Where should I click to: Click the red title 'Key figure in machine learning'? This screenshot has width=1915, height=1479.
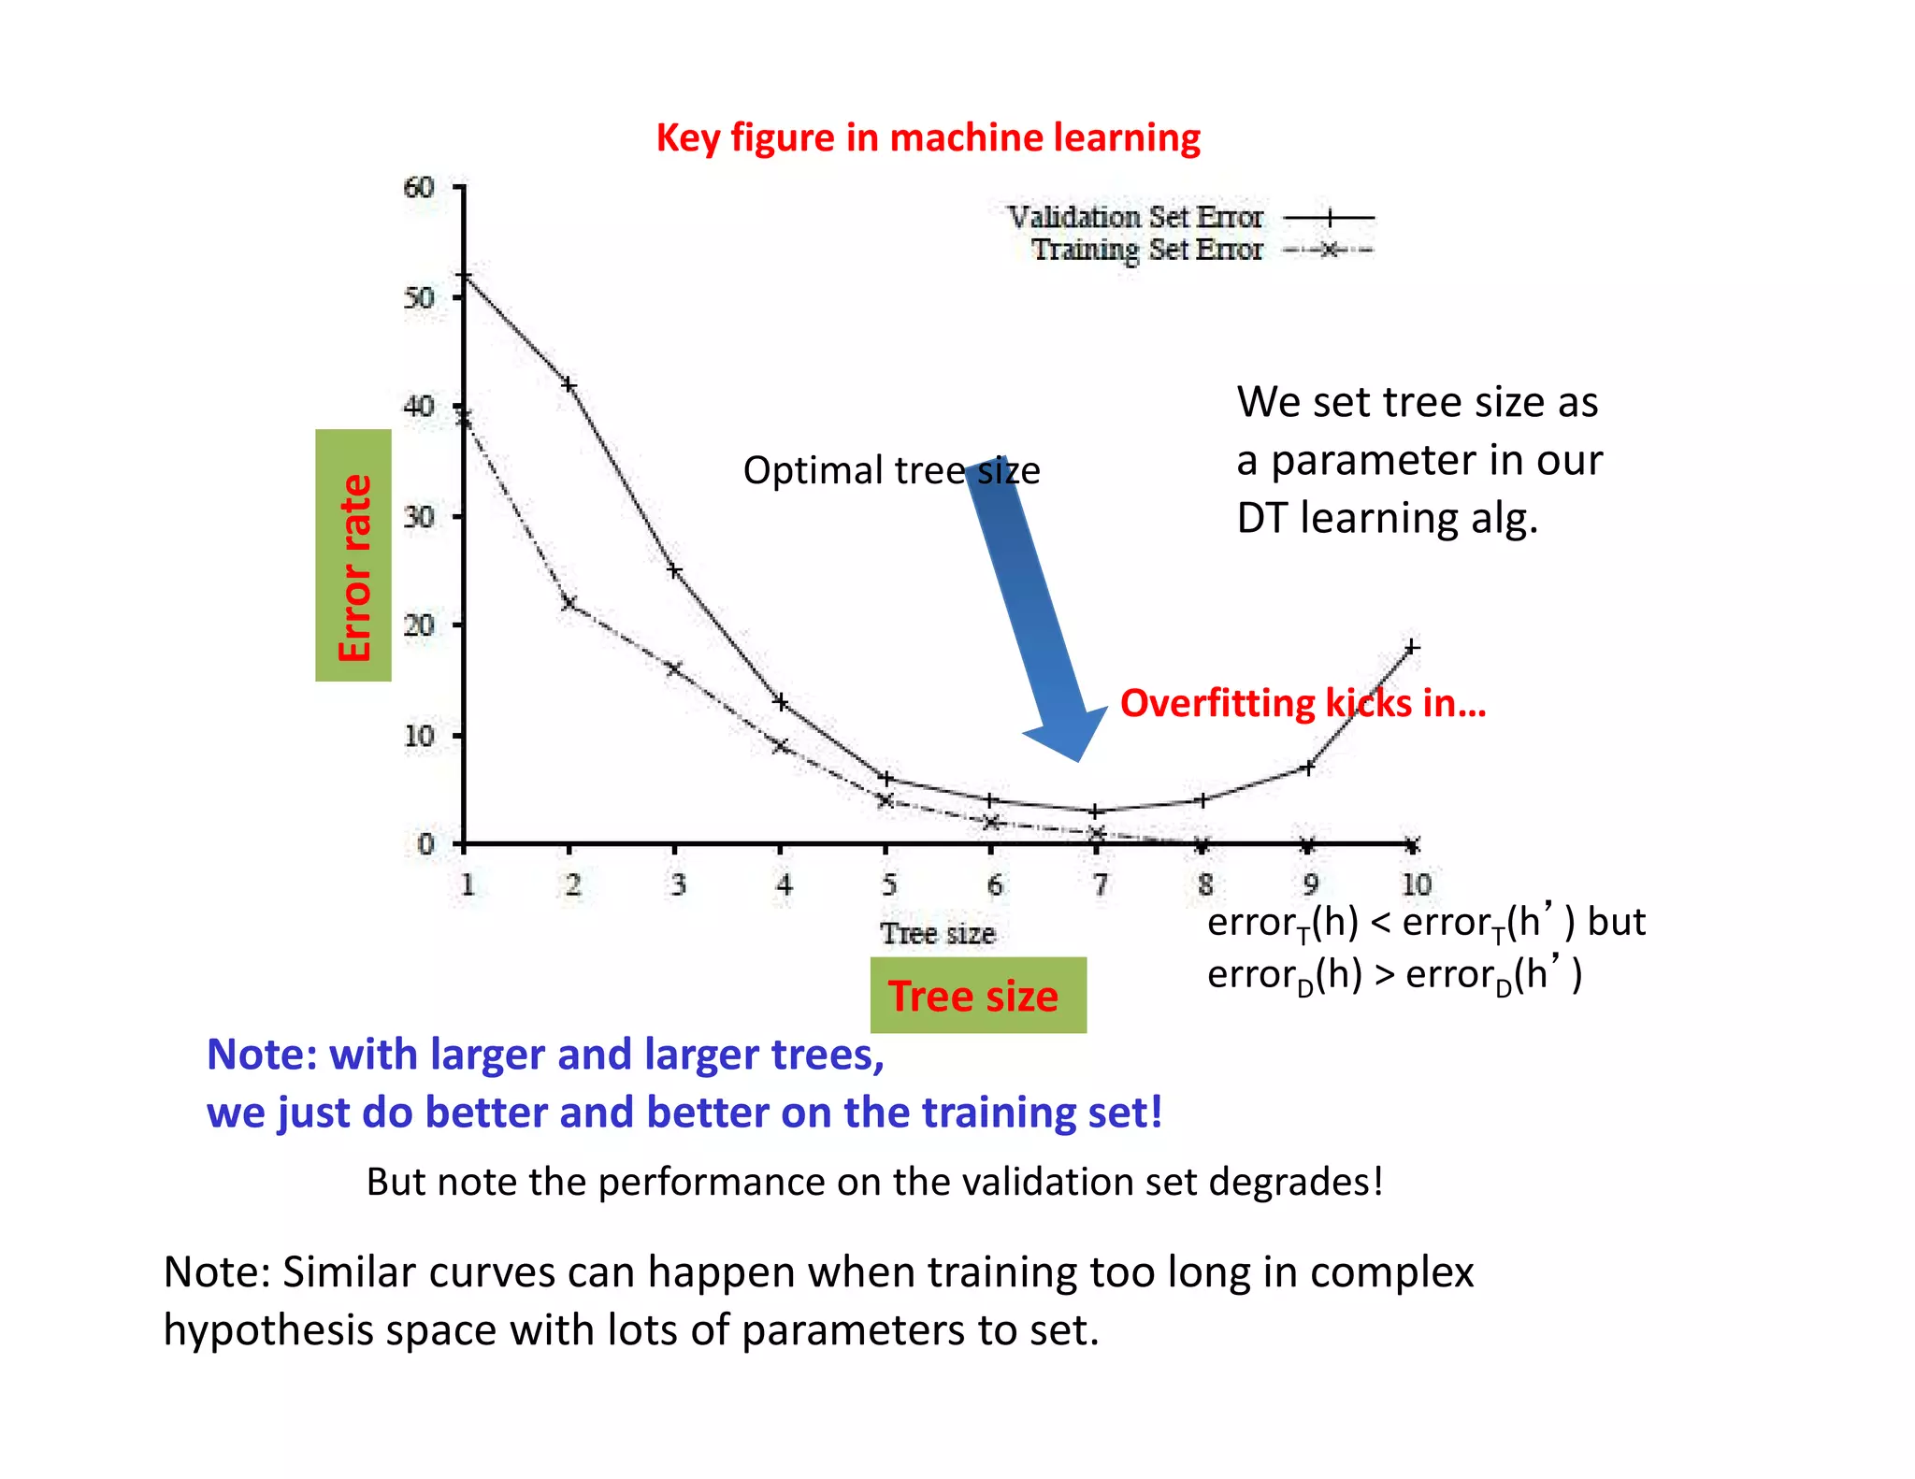[x=928, y=137]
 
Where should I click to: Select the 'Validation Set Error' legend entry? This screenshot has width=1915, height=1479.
[x=1135, y=217]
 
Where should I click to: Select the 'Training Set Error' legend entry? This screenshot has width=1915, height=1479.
[x=1146, y=250]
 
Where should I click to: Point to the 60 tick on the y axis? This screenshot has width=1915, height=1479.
[x=420, y=188]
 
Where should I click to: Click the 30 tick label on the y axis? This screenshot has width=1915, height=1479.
[x=420, y=516]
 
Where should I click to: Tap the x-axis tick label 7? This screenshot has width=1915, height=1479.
[x=1100, y=883]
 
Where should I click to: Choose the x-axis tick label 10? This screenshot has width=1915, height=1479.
[x=1415, y=883]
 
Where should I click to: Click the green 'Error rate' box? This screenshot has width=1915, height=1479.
[x=353, y=555]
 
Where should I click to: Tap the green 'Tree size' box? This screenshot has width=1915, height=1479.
[x=978, y=995]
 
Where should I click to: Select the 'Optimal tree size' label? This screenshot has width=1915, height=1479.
[x=890, y=470]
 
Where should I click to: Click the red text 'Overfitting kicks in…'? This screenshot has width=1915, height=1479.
[x=1303, y=703]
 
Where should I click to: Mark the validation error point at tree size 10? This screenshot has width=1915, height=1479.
[x=1412, y=647]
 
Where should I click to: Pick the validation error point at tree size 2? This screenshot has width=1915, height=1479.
[x=569, y=384]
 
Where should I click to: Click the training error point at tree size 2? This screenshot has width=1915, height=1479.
[x=569, y=603]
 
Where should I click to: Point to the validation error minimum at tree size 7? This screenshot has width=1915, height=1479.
[x=1096, y=811]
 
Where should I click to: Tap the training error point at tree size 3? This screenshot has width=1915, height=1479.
[x=674, y=668]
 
